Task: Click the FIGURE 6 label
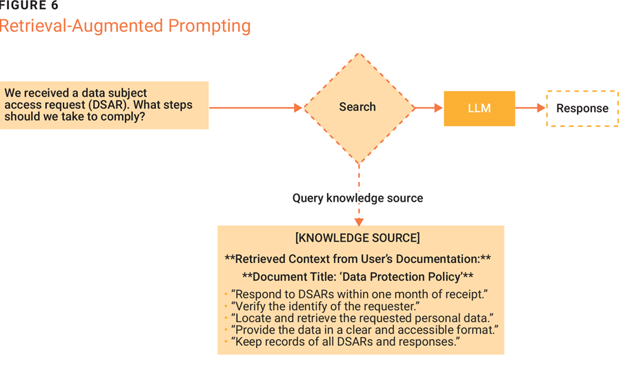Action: tap(29, 6)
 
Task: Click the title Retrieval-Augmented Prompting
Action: tap(125, 27)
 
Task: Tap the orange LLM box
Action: tap(479, 108)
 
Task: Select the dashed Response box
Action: tap(582, 108)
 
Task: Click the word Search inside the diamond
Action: tap(357, 107)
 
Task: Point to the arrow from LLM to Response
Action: tap(530, 108)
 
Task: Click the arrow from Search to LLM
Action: tap(429, 108)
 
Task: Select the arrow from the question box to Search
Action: tap(255, 108)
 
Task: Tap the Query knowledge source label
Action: tap(357, 198)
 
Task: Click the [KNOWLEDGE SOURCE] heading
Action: tap(357, 238)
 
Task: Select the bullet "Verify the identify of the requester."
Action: tap(326, 306)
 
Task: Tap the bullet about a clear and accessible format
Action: tap(365, 330)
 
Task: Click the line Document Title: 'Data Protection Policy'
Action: tap(357, 277)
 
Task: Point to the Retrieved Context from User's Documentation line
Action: tap(357, 259)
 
